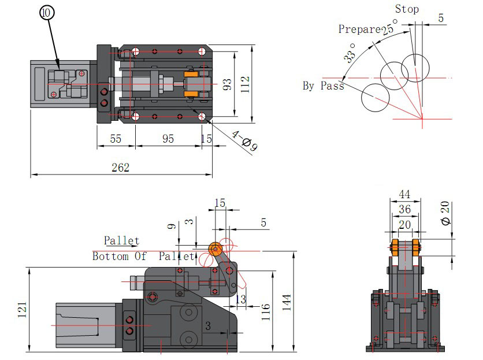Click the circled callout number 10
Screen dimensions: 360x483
click(46, 12)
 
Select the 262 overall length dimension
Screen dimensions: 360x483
click(121, 168)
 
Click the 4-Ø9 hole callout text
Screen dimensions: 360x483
click(244, 141)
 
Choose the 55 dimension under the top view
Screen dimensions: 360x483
click(115, 139)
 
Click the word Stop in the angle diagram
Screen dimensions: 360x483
click(407, 9)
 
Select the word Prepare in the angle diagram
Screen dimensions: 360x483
click(359, 29)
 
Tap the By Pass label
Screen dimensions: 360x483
click(323, 86)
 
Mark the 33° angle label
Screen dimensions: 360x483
click(349, 53)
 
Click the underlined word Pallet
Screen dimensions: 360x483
click(121, 240)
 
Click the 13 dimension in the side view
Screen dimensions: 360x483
click(241, 299)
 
